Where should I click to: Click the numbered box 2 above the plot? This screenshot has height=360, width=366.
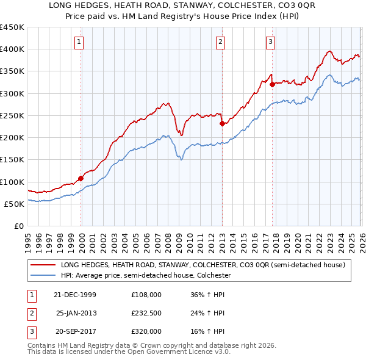point(220,42)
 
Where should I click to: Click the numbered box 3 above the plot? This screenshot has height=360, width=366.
point(270,42)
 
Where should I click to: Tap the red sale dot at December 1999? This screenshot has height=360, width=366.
point(81,179)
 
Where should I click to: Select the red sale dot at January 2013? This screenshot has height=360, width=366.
point(222,123)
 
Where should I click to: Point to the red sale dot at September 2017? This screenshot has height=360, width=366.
point(272,84)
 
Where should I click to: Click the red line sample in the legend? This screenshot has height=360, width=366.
point(43,265)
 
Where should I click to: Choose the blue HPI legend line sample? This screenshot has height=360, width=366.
point(43,275)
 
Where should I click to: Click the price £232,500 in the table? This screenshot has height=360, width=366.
point(146,313)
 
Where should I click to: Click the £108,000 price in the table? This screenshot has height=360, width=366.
point(146,295)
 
